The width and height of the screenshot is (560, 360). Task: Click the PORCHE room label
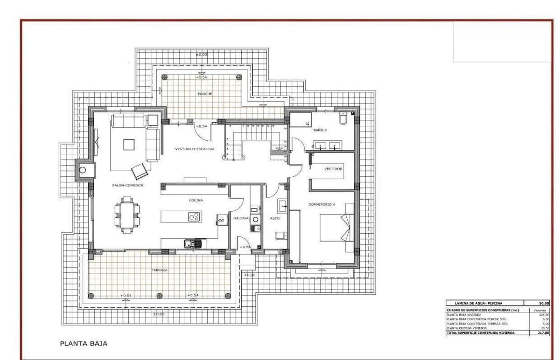[x=204, y=94]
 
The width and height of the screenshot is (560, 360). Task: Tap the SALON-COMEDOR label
[x=127, y=185]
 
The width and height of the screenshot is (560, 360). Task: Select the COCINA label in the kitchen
[x=196, y=200]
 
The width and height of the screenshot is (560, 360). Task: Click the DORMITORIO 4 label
[x=322, y=204]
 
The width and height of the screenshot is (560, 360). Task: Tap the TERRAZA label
[x=159, y=270]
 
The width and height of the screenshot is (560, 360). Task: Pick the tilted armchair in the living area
[x=139, y=171]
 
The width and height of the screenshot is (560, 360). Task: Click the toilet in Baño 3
[x=343, y=118]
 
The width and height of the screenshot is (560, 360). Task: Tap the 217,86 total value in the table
[x=543, y=332]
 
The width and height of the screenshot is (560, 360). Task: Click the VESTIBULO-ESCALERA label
[x=194, y=149]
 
